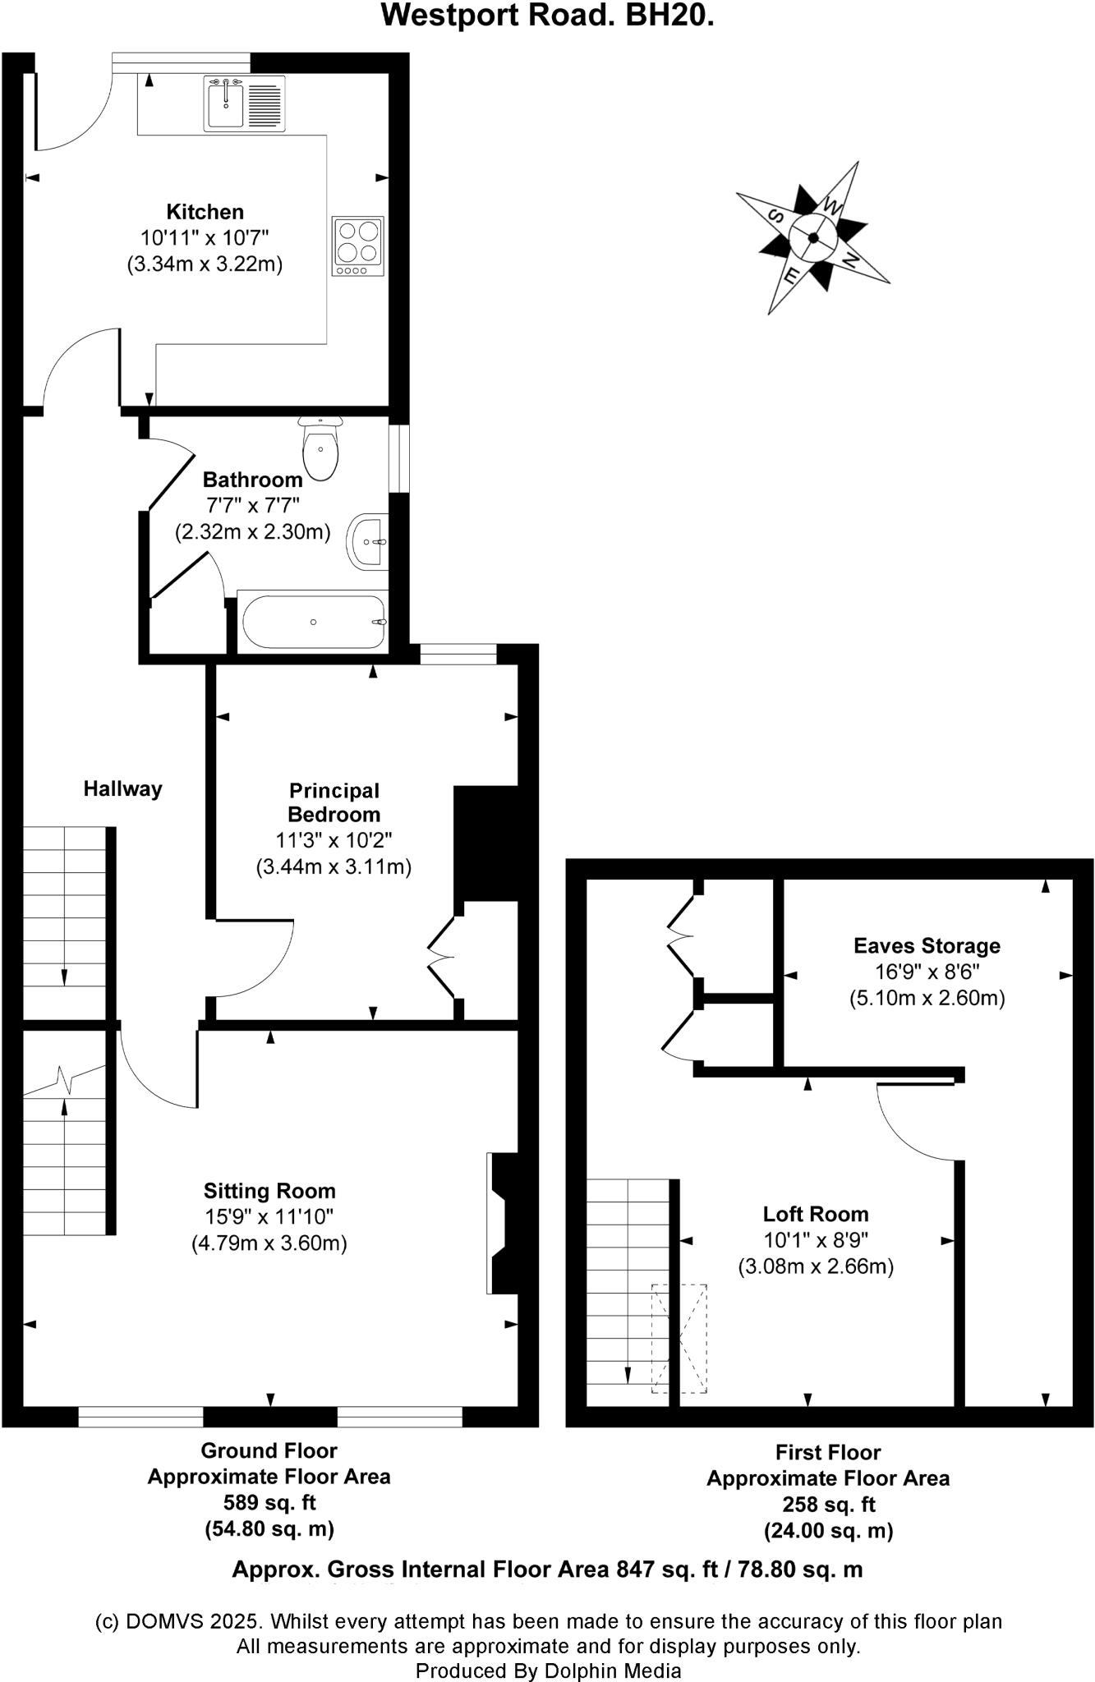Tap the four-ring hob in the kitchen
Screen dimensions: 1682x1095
click(x=357, y=246)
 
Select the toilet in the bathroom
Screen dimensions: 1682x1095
click(x=320, y=448)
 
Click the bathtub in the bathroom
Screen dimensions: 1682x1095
click(x=313, y=622)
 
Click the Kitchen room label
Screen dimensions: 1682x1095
click(x=205, y=212)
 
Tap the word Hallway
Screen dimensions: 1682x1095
click(x=122, y=789)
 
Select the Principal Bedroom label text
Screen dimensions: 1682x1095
click(x=334, y=802)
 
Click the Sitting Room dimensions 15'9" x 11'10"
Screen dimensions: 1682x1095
click(x=269, y=1217)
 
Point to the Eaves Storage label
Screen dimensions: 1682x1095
click(x=927, y=945)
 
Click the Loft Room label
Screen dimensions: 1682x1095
click(x=815, y=1214)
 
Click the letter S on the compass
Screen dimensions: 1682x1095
click(x=774, y=216)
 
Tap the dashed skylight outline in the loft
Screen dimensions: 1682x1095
click(x=679, y=1338)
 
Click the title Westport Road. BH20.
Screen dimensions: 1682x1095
click(x=547, y=16)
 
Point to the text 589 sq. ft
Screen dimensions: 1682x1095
click(x=269, y=1503)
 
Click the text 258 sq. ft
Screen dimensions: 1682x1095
click(x=828, y=1505)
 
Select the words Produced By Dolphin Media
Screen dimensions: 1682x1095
click(x=548, y=1671)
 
